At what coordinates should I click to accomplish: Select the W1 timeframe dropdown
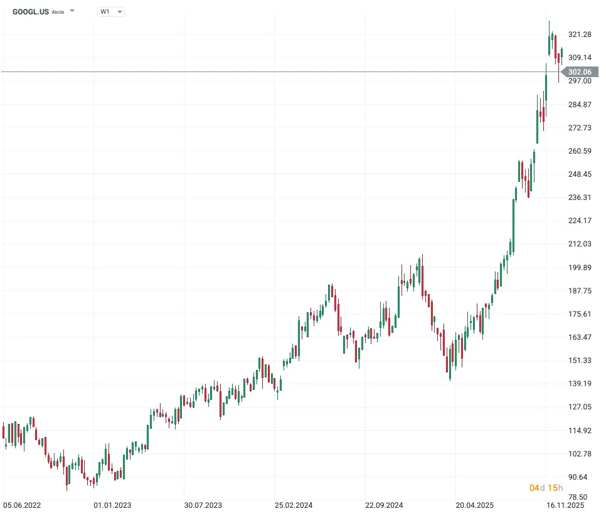(x=111, y=11)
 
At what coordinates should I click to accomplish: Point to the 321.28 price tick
(x=580, y=34)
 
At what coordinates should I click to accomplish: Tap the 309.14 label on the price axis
(x=580, y=58)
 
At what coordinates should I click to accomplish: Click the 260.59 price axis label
(x=580, y=151)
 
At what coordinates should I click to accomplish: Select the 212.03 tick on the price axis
(x=580, y=244)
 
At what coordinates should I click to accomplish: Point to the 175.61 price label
(x=580, y=314)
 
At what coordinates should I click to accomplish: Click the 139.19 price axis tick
(x=580, y=384)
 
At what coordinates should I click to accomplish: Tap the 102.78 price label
(x=580, y=453)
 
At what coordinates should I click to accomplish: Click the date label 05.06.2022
(x=22, y=504)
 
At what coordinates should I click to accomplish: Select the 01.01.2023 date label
(x=112, y=504)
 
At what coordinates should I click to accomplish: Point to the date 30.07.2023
(x=203, y=504)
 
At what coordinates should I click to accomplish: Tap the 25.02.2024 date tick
(x=294, y=504)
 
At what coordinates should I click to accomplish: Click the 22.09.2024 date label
(x=384, y=504)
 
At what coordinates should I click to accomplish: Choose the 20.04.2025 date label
(x=475, y=504)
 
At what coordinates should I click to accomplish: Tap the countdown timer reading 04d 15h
(x=546, y=488)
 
